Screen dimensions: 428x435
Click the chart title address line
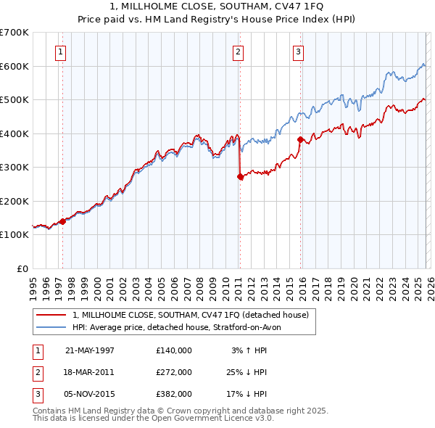[x=217, y=6]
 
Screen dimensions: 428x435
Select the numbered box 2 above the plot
[x=238, y=52]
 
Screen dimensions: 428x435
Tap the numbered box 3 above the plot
[x=298, y=52]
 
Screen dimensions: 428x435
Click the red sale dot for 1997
[x=62, y=221]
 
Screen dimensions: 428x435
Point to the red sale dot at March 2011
[x=240, y=177]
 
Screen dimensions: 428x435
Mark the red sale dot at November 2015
[x=300, y=139]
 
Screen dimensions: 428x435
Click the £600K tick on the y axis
[x=14, y=66]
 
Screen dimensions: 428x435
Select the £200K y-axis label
[x=14, y=201]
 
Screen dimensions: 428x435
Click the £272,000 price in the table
[x=174, y=371]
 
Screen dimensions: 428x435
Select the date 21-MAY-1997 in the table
[x=90, y=350]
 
